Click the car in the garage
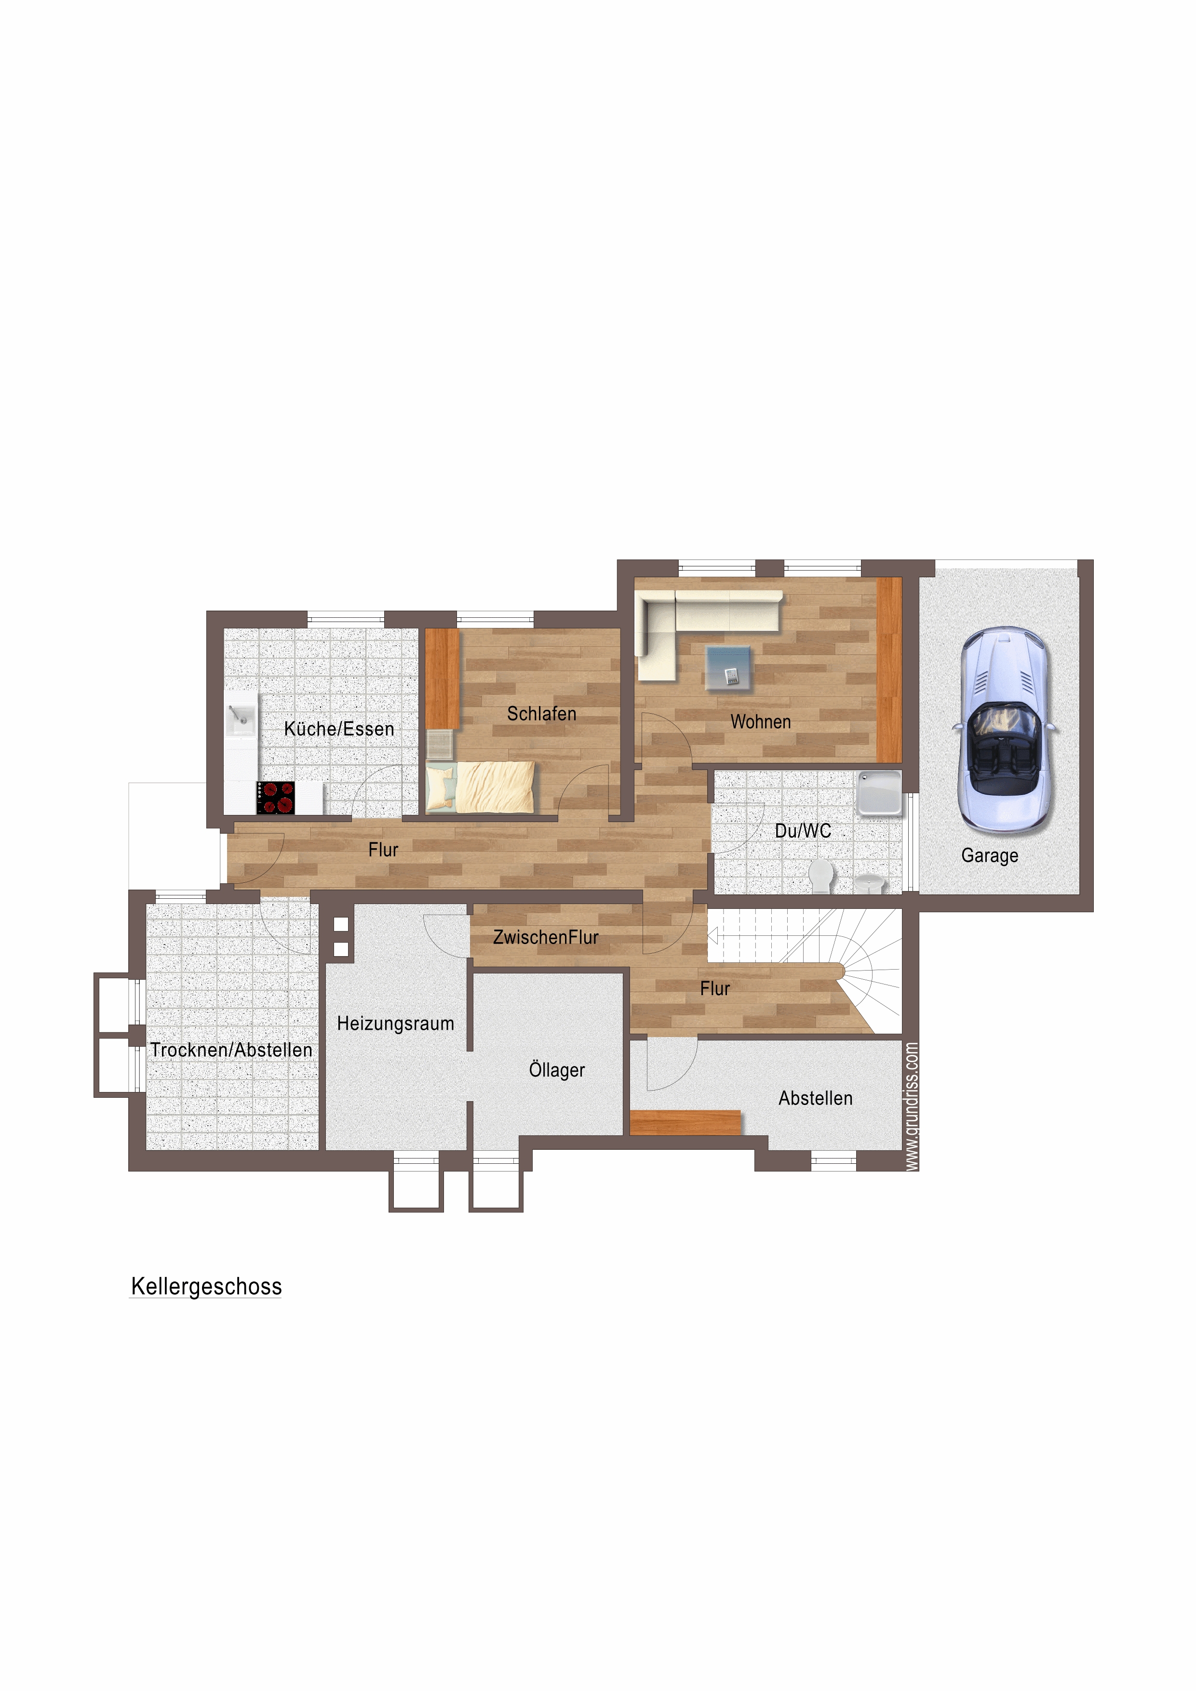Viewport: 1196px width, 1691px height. point(1005,730)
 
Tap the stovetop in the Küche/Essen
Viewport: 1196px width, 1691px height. point(276,798)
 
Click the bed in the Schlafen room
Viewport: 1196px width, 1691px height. point(481,787)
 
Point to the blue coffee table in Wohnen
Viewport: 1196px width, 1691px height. point(728,668)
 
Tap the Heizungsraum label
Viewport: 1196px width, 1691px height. point(396,1023)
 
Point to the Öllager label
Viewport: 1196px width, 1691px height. point(557,1069)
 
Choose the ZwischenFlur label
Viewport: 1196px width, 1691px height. point(546,937)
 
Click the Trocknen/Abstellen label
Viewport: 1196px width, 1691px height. point(231,1050)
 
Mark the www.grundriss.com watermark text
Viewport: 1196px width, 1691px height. point(912,1105)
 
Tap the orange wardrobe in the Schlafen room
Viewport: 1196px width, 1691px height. point(442,679)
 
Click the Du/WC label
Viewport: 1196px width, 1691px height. point(803,831)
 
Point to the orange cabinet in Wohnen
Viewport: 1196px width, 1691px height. point(889,669)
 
